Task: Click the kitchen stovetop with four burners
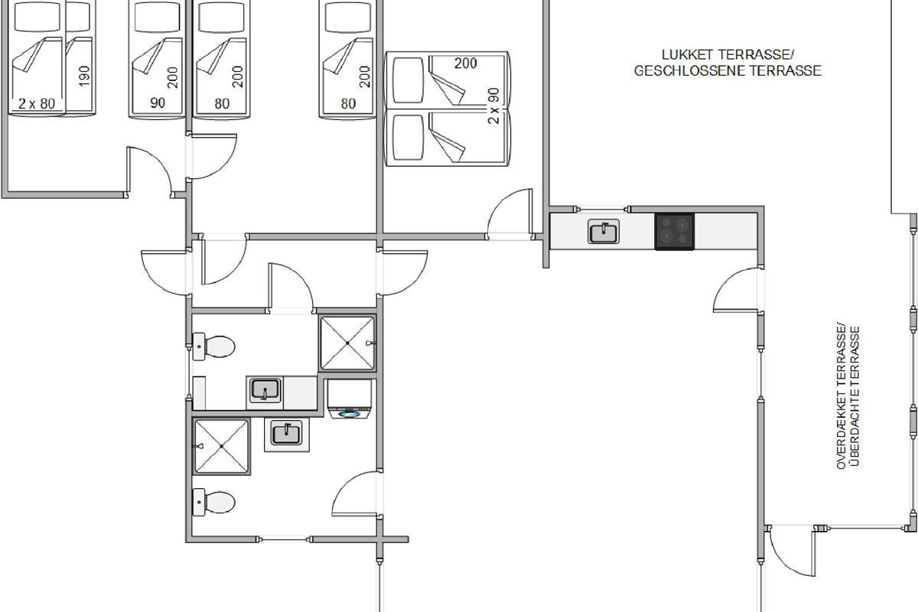pyautogui.click(x=674, y=232)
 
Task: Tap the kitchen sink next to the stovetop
pyautogui.click(x=604, y=231)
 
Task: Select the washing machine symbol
pyautogui.click(x=350, y=399)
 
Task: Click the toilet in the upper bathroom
pyautogui.click(x=213, y=347)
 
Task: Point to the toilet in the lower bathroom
pyautogui.click(x=213, y=502)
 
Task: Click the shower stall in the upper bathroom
pyautogui.click(x=347, y=343)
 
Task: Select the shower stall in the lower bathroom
pyautogui.click(x=221, y=446)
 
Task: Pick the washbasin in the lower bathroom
pyautogui.click(x=286, y=434)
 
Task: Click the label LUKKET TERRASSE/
pyautogui.click(x=728, y=54)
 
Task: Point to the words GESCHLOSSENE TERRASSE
pyautogui.click(x=728, y=71)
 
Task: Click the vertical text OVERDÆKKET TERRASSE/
pyautogui.click(x=841, y=396)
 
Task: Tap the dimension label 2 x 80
pyautogui.click(x=37, y=104)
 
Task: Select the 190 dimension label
pyautogui.click(x=84, y=76)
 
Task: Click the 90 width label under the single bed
pyautogui.click(x=158, y=103)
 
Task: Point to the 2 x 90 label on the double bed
pyautogui.click(x=494, y=106)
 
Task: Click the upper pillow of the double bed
pyautogui.click(x=408, y=80)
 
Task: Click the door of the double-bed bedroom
pyautogui.click(x=509, y=213)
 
